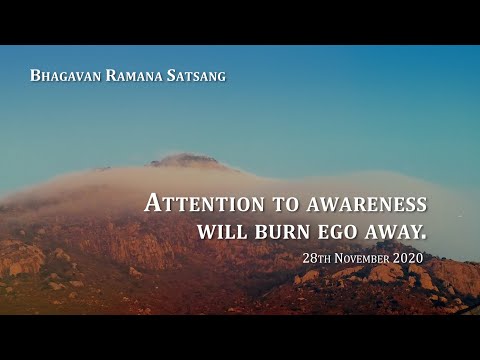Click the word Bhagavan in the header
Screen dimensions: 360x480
pyautogui.click(x=64, y=75)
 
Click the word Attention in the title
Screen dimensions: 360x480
pyautogui.click(x=204, y=204)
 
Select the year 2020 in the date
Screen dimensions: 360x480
pyautogui.click(x=407, y=258)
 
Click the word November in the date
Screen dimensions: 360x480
pyautogui.click(x=357, y=258)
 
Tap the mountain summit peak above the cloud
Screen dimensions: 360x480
pyautogui.click(x=186, y=158)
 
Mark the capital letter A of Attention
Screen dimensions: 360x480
pyautogui.click(x=153, y=202)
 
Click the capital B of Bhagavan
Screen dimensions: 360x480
pyautogui.click(x=35, y=75)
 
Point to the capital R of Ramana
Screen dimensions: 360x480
pyautogui.click(x=109, y=75)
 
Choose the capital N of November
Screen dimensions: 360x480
pyautogui.click(x=335, y=258)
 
